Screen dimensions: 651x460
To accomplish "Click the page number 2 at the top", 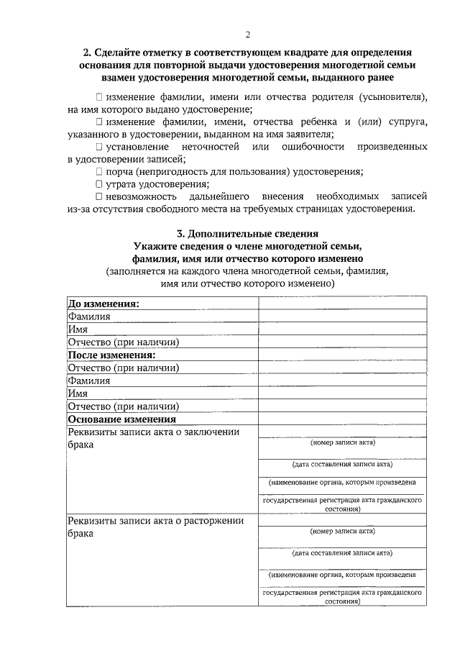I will tap(247, 35).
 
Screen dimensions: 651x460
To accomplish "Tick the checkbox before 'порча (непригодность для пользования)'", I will tap(98, 172).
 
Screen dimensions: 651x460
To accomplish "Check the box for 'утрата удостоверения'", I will tap(98, 184).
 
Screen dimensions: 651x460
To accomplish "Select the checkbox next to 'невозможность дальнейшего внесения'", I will tap(98, 196).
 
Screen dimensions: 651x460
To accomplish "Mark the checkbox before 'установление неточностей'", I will tap(98, 147).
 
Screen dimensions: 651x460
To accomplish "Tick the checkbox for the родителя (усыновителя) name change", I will tap(98, 96).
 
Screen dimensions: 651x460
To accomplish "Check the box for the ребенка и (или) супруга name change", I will tap(98, 122).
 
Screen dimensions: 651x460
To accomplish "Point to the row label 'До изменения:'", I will tap(103, 304).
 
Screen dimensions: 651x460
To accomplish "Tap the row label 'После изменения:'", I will tap(111, 355).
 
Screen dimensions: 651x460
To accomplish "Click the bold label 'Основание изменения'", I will tap(121, 419).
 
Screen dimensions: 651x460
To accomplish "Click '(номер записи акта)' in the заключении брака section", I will tap(342, 443).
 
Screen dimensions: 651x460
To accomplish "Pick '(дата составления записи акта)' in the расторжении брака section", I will tap(342, 554).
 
